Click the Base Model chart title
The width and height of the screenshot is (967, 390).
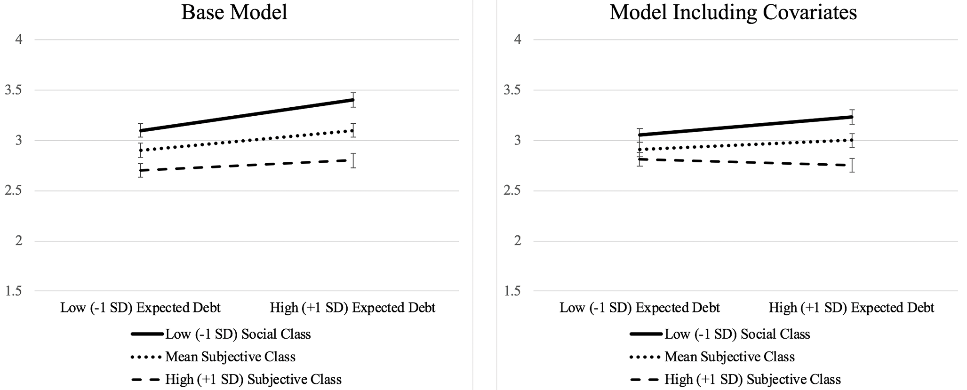click(234, 12)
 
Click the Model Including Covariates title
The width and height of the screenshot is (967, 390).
click(733, 12)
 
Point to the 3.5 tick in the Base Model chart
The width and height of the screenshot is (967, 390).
click(14, 90)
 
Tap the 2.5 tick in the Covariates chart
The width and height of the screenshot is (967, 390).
click(513, 191)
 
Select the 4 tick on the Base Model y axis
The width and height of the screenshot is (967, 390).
click(19, 40)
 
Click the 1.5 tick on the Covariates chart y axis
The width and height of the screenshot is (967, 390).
click(513, 292)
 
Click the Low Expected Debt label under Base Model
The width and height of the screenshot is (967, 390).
click(140, 308)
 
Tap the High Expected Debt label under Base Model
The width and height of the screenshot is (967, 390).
click(353, 308)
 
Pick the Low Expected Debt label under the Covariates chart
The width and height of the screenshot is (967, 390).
click(639, 308)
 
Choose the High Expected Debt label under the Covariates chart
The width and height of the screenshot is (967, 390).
click(852, 308)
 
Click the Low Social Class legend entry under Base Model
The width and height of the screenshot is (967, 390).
click(221, 334)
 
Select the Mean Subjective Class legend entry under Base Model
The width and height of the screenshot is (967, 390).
click(213, 357)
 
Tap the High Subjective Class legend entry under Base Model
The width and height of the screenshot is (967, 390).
click(236, 379)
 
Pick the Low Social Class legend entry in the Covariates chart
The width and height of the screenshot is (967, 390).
click(720, 334)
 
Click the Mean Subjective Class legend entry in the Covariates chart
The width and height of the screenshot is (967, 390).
click(712, 357)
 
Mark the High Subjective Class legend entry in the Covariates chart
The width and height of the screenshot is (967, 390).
click(735, 379)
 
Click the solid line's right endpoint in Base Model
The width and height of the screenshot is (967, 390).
click(353, 100)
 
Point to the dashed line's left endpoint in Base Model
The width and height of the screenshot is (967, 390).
click(141, 170)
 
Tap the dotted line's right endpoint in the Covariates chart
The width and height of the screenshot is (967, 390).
click(852, 140)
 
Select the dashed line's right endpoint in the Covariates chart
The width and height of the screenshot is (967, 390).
click(852, 165)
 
